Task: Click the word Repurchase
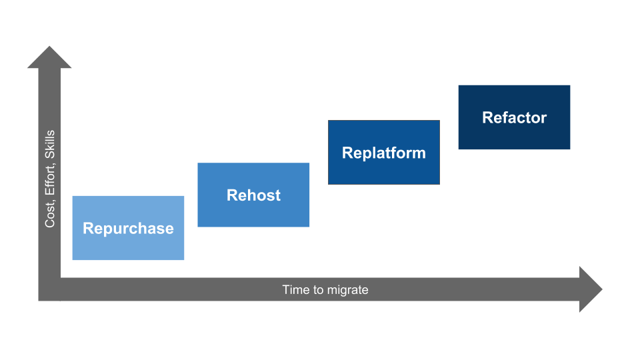pos(128,229)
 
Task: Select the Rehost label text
pos(253,195)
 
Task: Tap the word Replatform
pos(383,153)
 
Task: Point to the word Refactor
pos(514,118)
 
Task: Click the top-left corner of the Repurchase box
pos(73,196)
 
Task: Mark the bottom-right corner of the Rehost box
pos(309,226)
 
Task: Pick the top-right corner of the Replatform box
pos(439,121)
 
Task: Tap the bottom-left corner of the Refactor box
pos(459,149)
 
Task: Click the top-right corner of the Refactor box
pos(570,85)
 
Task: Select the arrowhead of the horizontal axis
pos(592,289)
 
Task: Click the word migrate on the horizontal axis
pos(347,290)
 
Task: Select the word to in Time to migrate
pos(317,290)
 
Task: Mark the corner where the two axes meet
pos(49,290)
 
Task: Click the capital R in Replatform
pos(347,153)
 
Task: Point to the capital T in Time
pos(286,290)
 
